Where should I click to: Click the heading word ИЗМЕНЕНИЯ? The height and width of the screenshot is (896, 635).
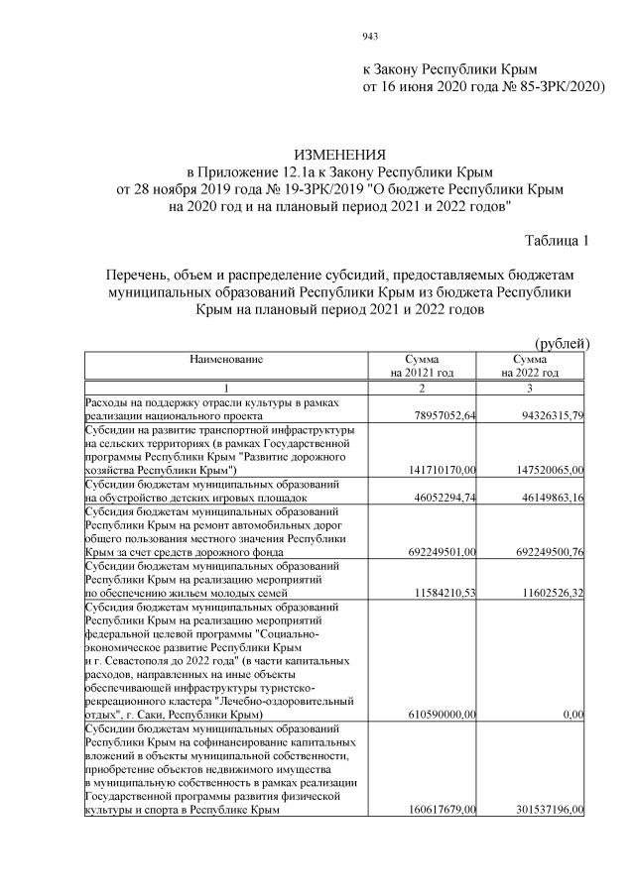click(340, 156)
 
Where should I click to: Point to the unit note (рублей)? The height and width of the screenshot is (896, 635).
click(563, 343)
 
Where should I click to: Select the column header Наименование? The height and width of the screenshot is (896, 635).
click(226, 358)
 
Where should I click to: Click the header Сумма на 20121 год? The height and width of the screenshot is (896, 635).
click(422, 365)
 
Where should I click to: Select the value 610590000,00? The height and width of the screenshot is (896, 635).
click(440, 714)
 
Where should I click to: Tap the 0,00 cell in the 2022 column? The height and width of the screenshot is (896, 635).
click(571, 714)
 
